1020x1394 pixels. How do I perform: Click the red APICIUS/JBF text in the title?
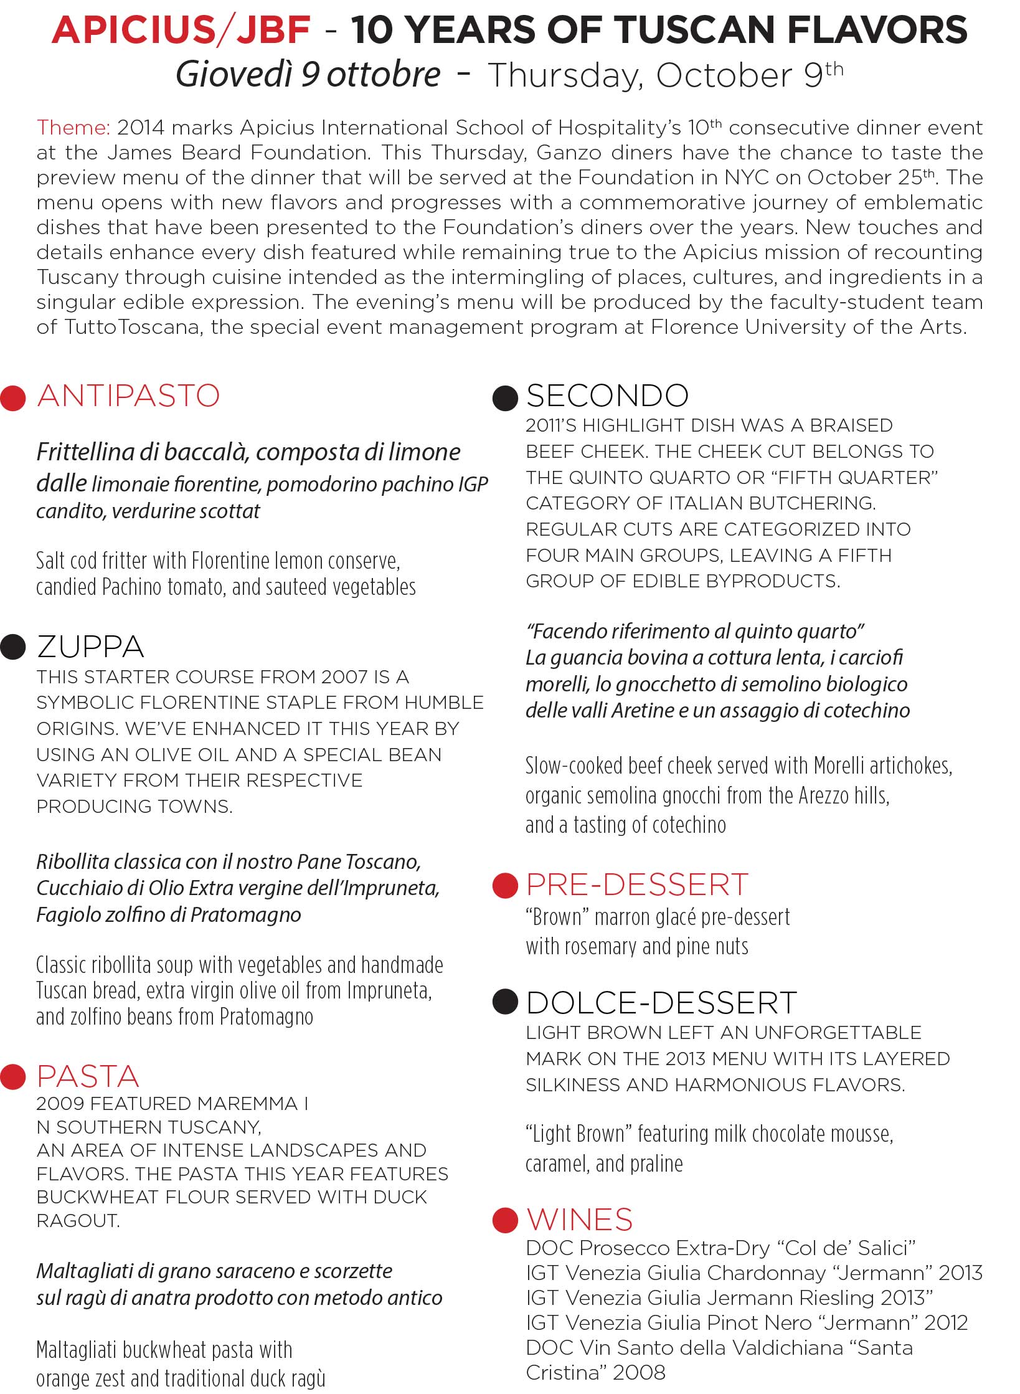pos(181,30)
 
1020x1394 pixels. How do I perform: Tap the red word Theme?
pos(73,128)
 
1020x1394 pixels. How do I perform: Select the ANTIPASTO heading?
pos(128,396)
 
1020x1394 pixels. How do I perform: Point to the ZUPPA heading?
pos(90,647)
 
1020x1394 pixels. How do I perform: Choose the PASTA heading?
pos(88,1076)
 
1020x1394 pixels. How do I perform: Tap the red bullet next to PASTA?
pos(13,1077)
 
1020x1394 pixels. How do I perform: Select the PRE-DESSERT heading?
pos(637,884)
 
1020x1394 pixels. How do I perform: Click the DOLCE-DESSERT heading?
pos(661,1003)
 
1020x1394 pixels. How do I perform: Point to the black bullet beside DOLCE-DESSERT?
pos(505,1002)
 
